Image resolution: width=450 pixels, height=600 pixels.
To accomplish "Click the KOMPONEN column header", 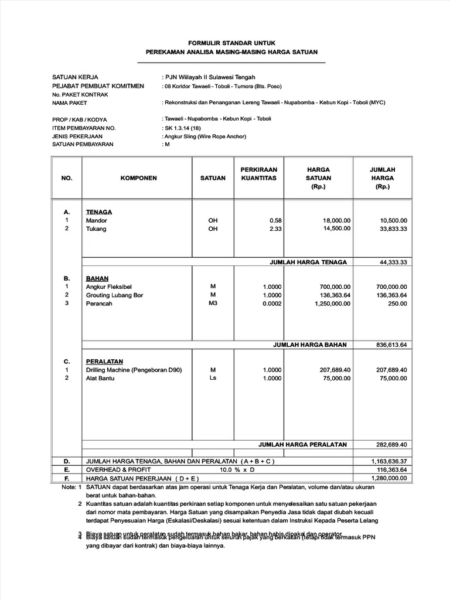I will click(x=138, y=178).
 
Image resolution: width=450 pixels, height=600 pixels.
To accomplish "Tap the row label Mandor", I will click(x=97, y=220).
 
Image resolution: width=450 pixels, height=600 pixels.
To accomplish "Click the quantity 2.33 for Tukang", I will click(x=275, y=229).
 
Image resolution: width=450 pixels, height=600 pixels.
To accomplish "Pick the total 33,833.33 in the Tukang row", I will click(x=393, y=229).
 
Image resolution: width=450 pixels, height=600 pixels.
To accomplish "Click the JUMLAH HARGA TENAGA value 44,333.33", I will click(x=393, y=262).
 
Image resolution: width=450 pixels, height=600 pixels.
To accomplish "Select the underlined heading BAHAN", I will click(x=97, y=278).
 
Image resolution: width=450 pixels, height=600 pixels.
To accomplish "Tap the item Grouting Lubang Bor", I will click(x=114, y=295).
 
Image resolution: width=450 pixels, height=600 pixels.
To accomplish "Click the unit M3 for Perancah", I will click(x=213, y=304).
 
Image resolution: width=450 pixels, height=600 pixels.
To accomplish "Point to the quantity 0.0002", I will click(x=272, y=304).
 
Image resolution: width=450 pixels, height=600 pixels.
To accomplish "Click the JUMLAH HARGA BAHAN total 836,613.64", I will click(x=391, y=345).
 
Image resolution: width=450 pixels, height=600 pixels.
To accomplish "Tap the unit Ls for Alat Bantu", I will click(x=213, y=379).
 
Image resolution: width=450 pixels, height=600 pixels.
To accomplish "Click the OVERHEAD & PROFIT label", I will click(x=118, y=470).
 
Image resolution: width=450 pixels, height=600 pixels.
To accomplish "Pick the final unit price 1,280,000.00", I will click(x=389, y=478).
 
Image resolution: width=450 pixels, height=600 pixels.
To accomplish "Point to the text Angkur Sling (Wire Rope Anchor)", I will click(x=205, y=137).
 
